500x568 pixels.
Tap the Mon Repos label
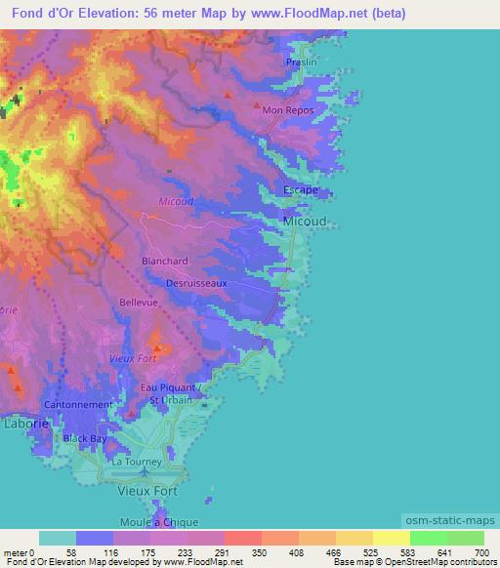pos(284,111)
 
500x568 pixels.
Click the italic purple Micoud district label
pos(176,202)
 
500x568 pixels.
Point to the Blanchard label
pos(164,262)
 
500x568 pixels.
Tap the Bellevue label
pos(138,304)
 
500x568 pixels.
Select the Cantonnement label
pos(78,404)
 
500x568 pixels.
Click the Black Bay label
pos(85,439)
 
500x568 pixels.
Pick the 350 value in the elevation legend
pos(261,552)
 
